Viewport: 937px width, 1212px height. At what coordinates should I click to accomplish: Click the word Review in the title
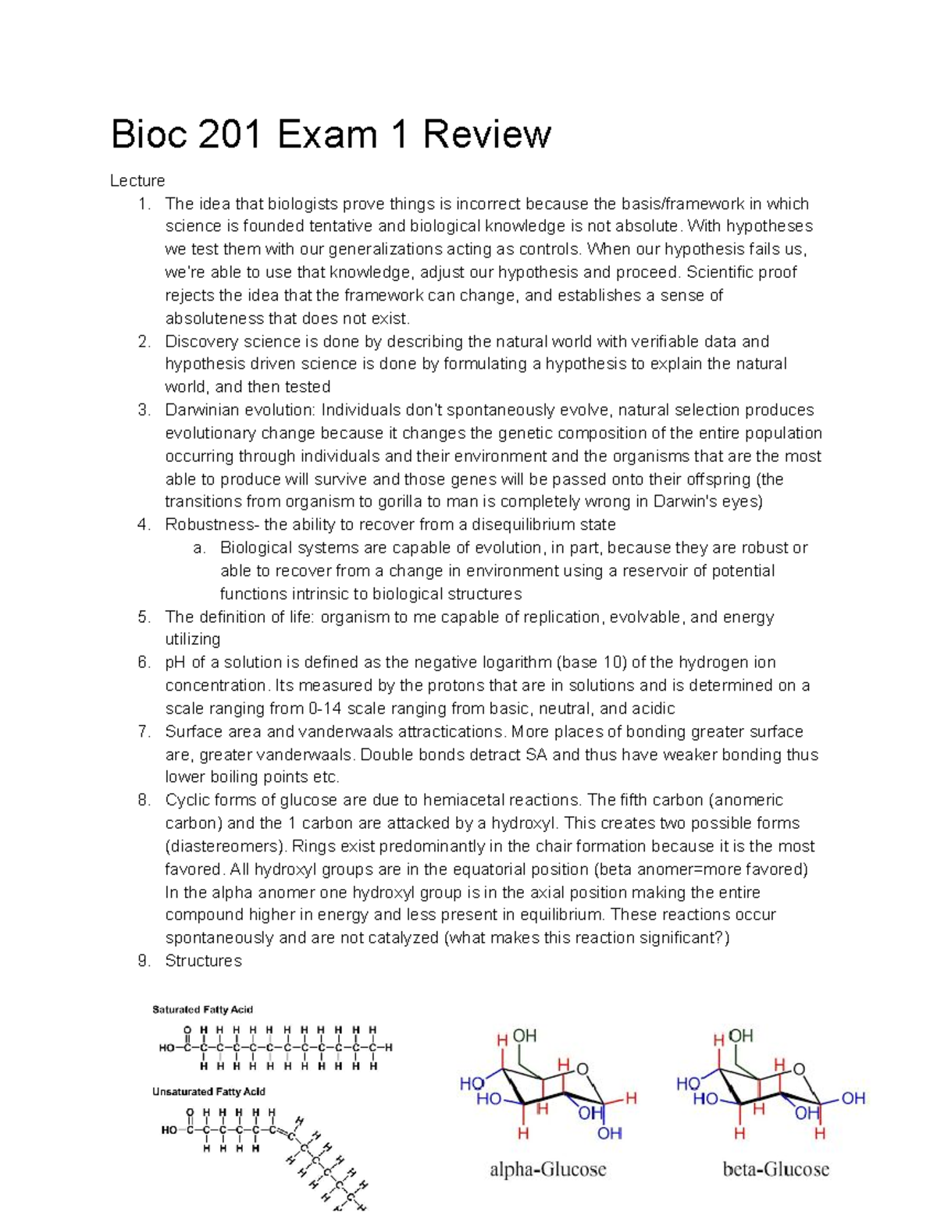pyautogui.click(x=487, y=135)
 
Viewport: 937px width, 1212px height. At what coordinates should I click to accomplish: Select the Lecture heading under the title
pyautogui.click(x=137, y=181)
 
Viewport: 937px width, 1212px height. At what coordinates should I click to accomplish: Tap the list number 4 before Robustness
pyautogui.click(x=143, y=524)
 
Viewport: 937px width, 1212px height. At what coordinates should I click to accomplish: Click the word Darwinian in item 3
pyautogui.click(x=201, y=411)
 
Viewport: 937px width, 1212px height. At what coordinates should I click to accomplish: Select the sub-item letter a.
pyautogui.click(x=199, y=548)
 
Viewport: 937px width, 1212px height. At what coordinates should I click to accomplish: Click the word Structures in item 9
pyautogui.click(x=203, y=961)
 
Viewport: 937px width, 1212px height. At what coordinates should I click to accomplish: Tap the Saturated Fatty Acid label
pyautogui.click(x=202, y=1010)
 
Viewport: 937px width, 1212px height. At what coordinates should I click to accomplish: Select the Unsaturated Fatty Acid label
pyautogui.click(x=208, y=1092)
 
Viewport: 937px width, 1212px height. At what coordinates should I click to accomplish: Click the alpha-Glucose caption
pyautogui.click(x=547, y=1170)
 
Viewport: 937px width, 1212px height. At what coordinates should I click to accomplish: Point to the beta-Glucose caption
pyautogui.click(x=775, y=1170)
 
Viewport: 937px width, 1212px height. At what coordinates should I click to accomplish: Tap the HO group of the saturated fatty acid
pyautogui.click(x=167, y=1048)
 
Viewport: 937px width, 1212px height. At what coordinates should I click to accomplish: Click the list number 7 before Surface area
pyautogui.click(x=143, y=732)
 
